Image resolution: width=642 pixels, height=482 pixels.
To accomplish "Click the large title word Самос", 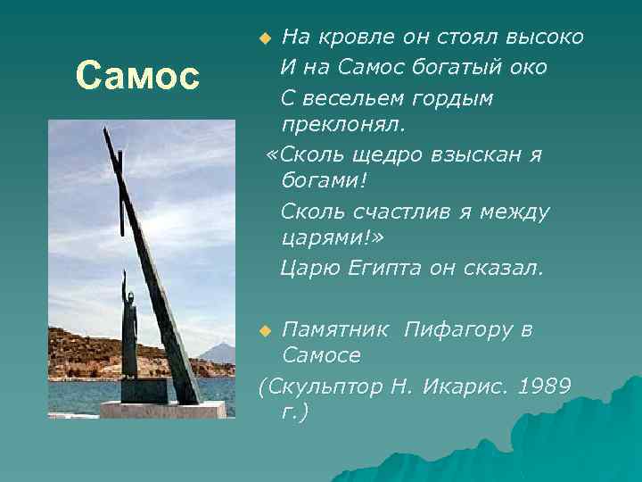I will (138, 76).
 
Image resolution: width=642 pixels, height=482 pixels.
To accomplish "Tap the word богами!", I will (319, 182).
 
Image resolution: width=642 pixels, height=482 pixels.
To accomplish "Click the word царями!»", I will (325, 239).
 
